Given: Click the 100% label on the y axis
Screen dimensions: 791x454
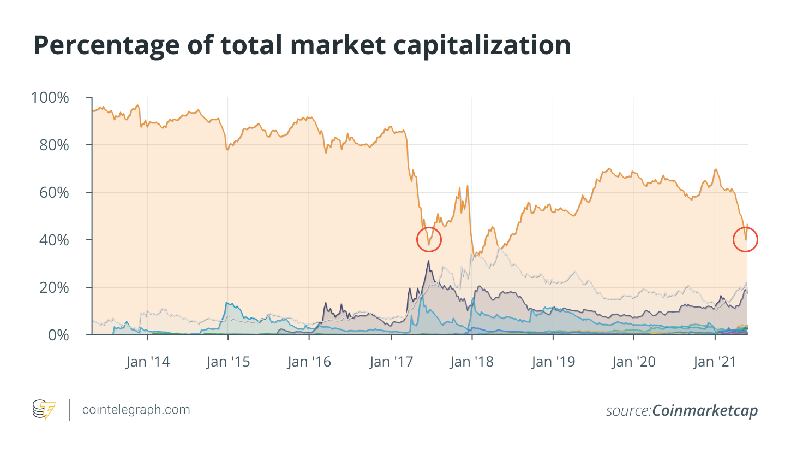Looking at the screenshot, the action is coord(50,98).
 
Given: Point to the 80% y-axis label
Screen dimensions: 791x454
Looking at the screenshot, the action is coord(54,145).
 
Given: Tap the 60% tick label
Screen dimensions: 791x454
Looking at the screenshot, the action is coord(54,193).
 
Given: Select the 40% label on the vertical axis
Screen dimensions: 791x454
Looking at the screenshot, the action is coord(54,240).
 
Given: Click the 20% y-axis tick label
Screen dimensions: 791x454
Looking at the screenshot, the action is coord(54,288).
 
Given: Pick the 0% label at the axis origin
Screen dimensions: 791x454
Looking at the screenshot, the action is coord(58,335).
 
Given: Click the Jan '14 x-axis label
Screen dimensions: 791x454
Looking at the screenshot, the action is coord(148,362).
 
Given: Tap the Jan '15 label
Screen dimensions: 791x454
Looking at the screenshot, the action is coord(228,362).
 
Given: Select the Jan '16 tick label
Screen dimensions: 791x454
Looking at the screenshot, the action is coord(309,362).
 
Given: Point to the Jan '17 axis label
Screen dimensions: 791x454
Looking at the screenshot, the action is coord(391,362).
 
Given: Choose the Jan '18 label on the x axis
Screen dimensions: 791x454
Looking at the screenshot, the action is coord(471,362).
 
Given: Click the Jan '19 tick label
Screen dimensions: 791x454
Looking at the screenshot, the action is coord(553,362).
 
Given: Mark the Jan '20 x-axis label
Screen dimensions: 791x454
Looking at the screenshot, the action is coord(633,362).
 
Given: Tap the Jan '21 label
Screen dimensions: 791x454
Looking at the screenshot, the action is coord(715,362).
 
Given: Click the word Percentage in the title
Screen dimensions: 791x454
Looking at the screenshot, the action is coord(106,46).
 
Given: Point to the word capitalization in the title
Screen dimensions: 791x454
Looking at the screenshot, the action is coord(482,46).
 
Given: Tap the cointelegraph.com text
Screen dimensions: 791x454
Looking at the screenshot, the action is coord(136,410).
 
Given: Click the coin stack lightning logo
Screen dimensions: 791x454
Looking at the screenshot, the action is coord(44,409).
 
